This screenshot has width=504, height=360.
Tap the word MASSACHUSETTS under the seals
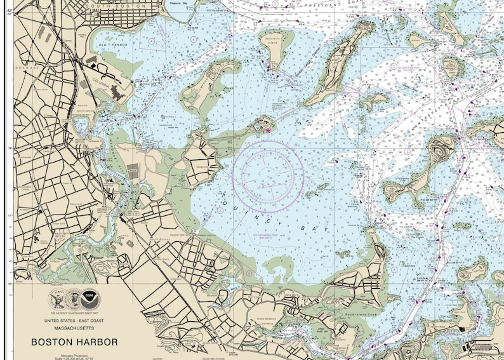click(70, 328)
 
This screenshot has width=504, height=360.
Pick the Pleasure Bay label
click(176, 3)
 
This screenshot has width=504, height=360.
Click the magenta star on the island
click(269, 130)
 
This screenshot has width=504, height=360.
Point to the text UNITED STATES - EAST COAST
click(70, 321)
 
